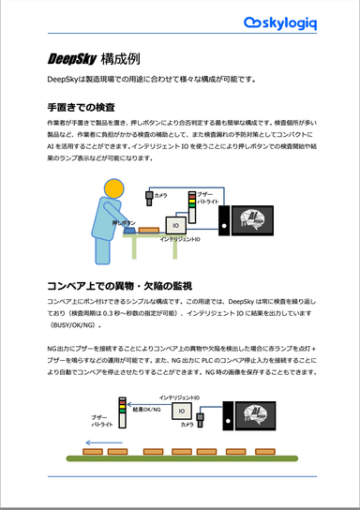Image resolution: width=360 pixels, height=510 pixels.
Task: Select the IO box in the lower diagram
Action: click(181, 411)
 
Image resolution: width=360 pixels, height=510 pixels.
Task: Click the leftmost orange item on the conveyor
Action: click(92, 455)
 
